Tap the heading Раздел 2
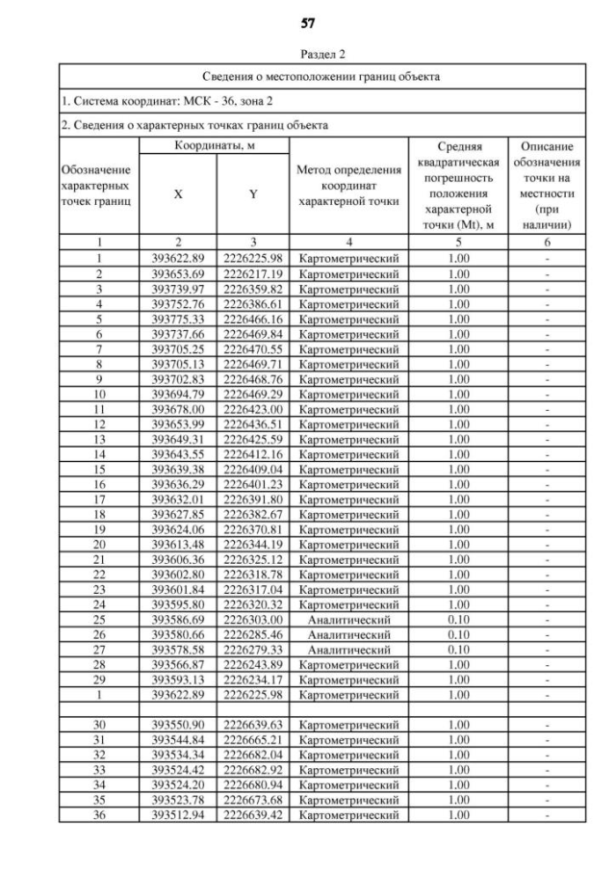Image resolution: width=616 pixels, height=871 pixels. tap(308, 55)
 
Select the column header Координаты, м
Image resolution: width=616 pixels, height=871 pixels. tap(214, 144)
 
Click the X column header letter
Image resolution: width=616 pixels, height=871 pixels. tap(178, 193)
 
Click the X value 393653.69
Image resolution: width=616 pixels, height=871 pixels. tap(178, 274)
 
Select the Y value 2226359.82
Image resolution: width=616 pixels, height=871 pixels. tap(252, 288)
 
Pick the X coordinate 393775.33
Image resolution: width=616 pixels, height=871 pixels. tap(178, 319)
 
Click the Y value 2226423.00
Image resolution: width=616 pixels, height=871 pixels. tap(252, 408)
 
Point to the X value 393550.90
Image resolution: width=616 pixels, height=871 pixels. tap(178, 725)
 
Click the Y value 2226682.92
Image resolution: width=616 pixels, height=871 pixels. tap(252, 770)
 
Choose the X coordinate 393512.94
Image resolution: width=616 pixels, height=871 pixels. tap(178, 814)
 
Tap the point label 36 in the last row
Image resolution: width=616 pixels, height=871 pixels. tap(99, 814)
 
